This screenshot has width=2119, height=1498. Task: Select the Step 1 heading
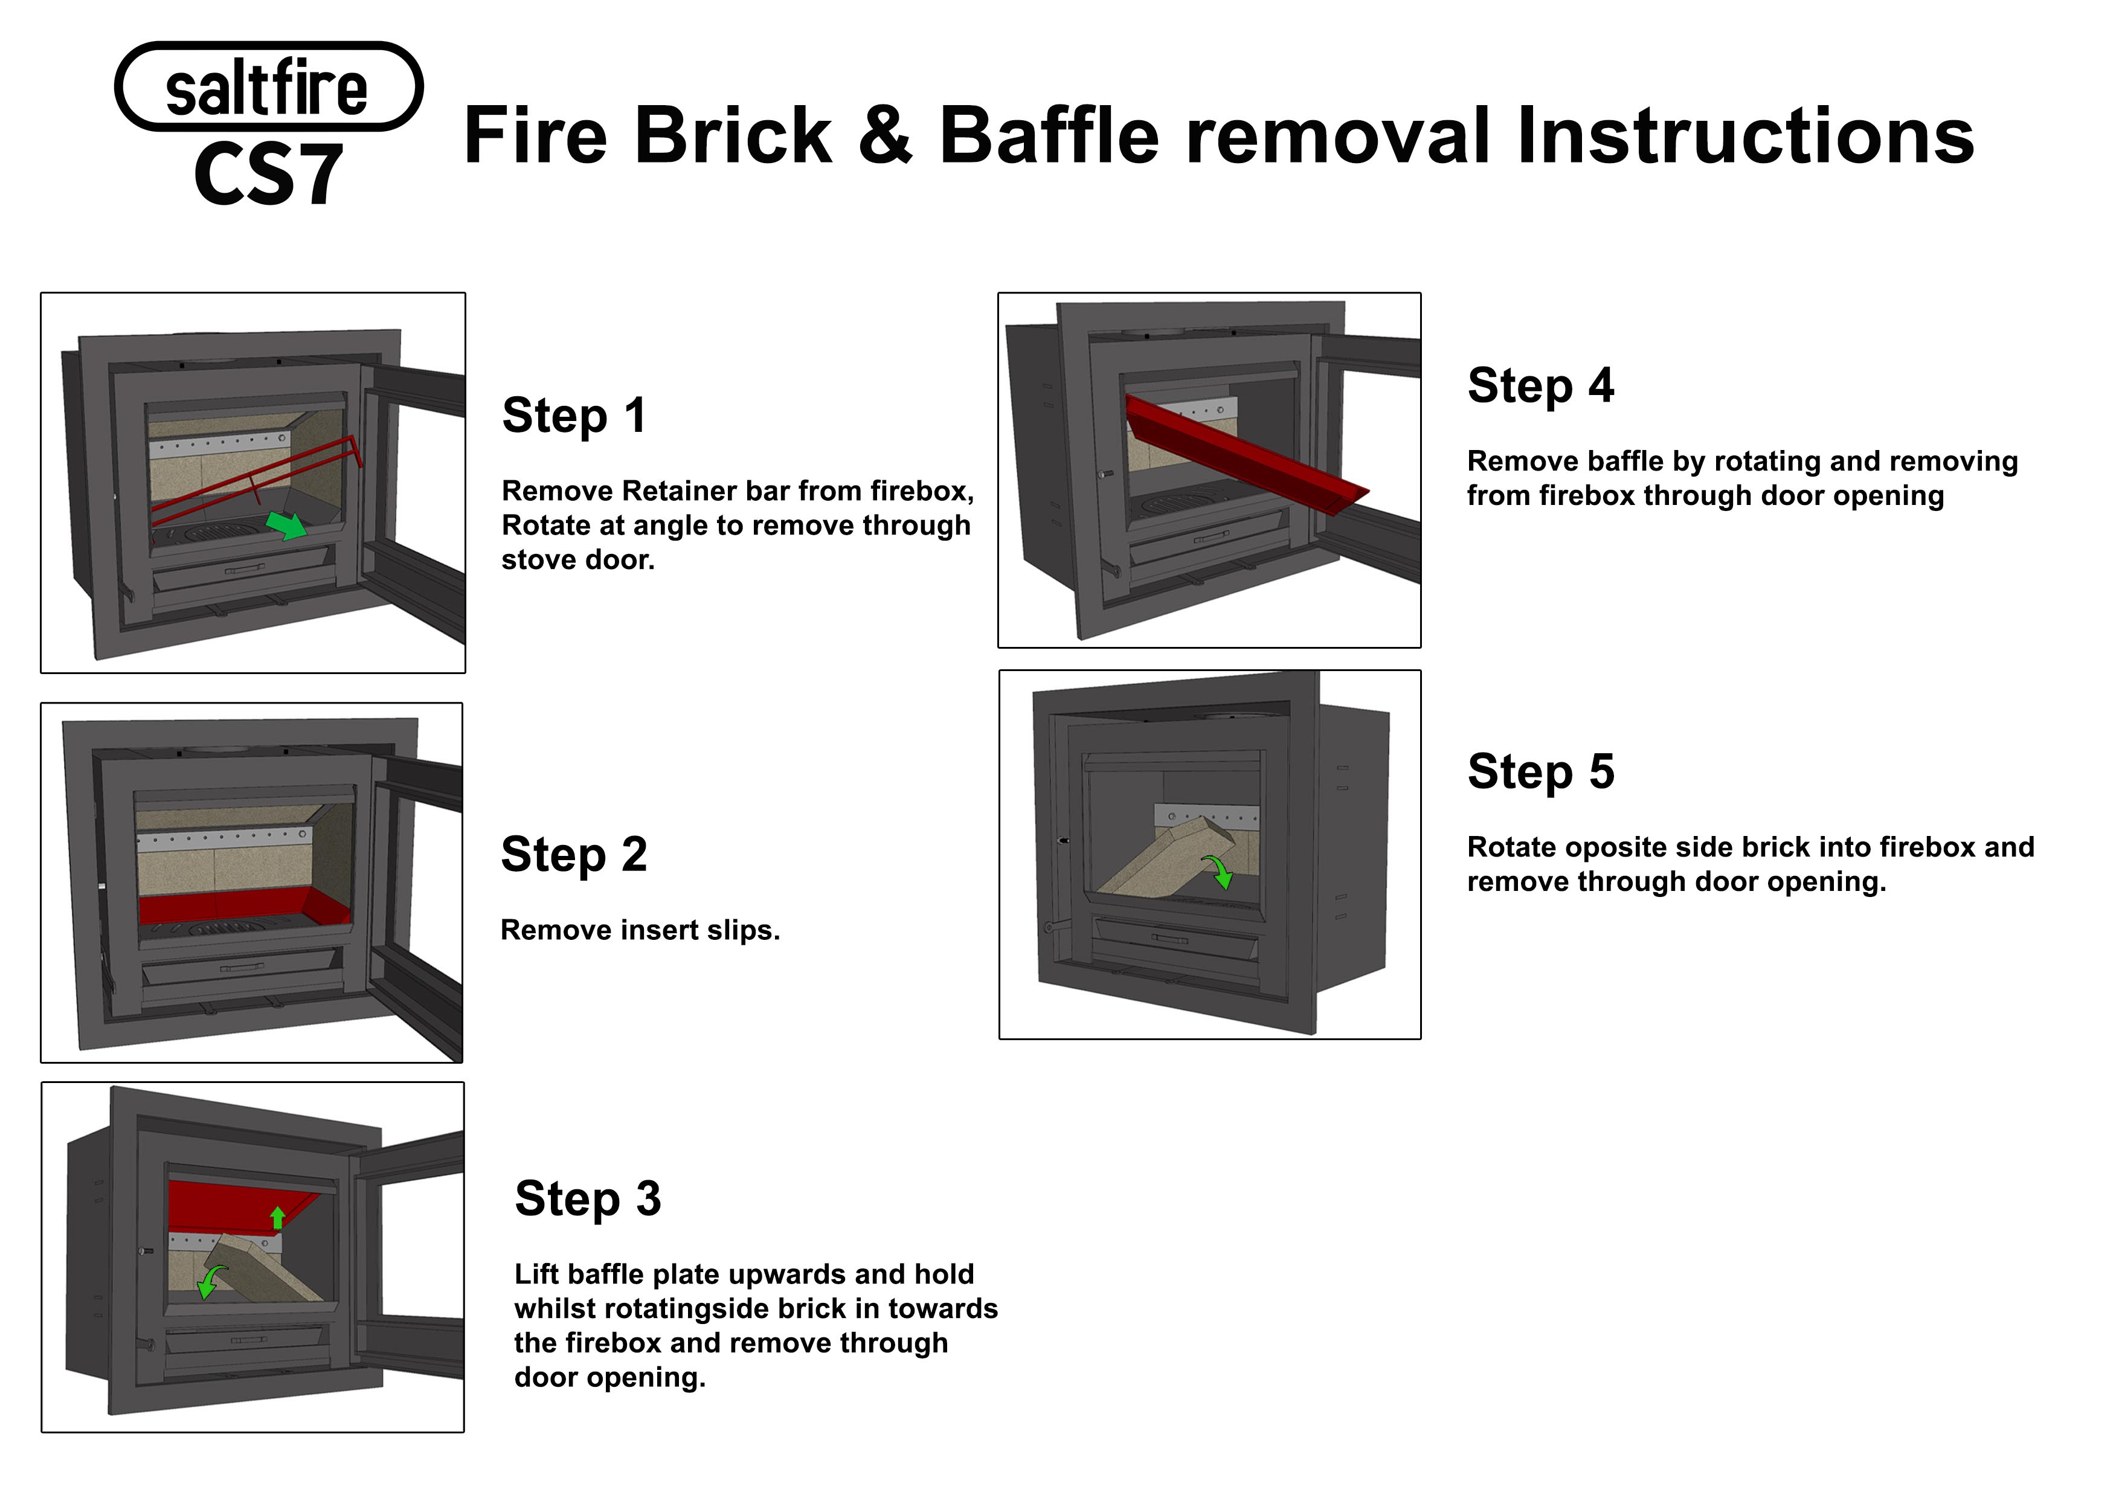573,416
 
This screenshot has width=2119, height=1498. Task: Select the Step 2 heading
573,855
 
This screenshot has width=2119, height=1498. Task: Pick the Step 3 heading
588,1199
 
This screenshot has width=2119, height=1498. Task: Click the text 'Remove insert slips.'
640,930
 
